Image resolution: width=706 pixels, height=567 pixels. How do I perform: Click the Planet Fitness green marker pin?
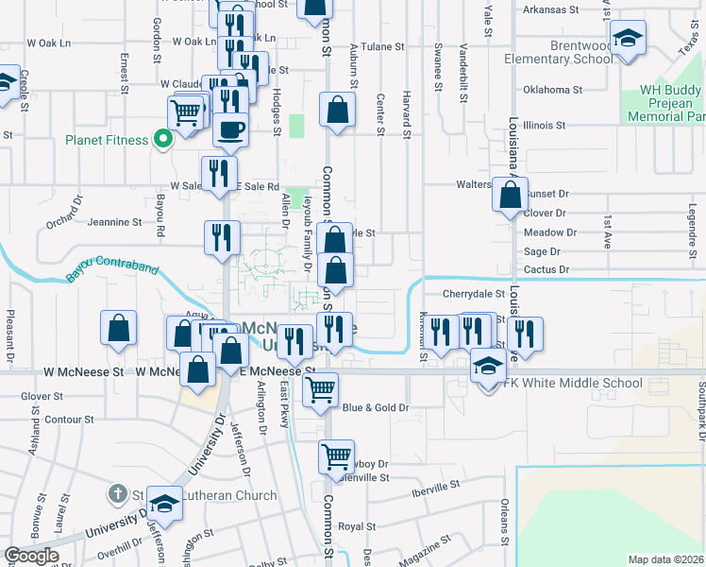[162, 140]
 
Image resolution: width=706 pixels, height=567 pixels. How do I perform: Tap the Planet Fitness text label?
[107, 140]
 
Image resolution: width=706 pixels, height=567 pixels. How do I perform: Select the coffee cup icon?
[230, 129]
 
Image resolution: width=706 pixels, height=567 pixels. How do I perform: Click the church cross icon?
[116, 493]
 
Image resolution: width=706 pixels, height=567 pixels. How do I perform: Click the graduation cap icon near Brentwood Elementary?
[628, 39]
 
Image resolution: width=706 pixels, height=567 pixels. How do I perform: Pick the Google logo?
[31, 556]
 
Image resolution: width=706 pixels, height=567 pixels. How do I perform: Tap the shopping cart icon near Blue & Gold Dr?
[321, 387]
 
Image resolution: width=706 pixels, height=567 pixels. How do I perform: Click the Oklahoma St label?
[552, 90]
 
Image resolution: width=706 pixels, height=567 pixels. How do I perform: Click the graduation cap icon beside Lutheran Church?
[164, 505]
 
